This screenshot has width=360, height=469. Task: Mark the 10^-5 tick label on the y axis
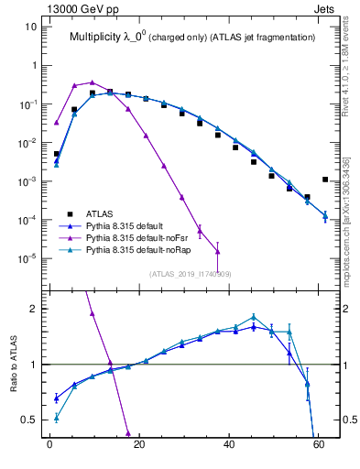(x=27, y=258)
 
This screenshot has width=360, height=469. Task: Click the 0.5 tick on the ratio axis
(x=30, y=420)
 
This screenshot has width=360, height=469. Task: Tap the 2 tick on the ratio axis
(x=34, y=309)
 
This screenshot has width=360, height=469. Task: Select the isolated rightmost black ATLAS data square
(x=325, y=180)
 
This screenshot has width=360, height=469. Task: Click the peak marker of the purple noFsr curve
(x=92, y=82)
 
